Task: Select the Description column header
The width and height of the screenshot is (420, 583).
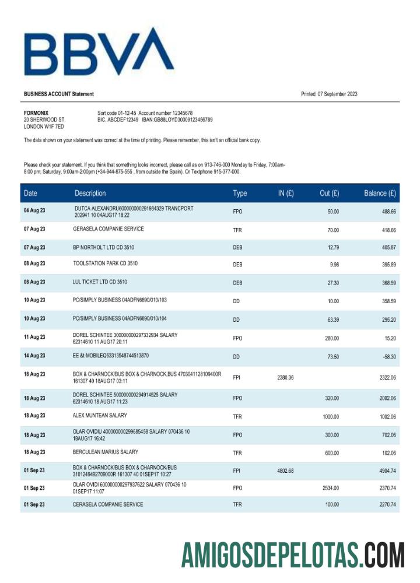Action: coord(90,193)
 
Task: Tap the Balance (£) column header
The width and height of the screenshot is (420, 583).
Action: coord(380,193)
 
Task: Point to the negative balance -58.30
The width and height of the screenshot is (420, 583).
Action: coord(387,356)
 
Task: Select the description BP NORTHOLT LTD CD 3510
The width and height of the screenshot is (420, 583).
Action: coord(104,247)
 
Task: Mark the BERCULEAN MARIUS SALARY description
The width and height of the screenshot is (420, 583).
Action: coord(106,452)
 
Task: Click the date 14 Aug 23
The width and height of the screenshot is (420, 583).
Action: coord(34,356)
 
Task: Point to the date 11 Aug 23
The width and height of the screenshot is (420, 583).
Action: coord(34,337)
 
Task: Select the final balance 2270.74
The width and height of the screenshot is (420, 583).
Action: coord(385,504)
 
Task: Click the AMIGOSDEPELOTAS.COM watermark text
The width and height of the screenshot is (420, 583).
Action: coord(292,554)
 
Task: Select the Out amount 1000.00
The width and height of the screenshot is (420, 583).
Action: coord(331,416)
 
